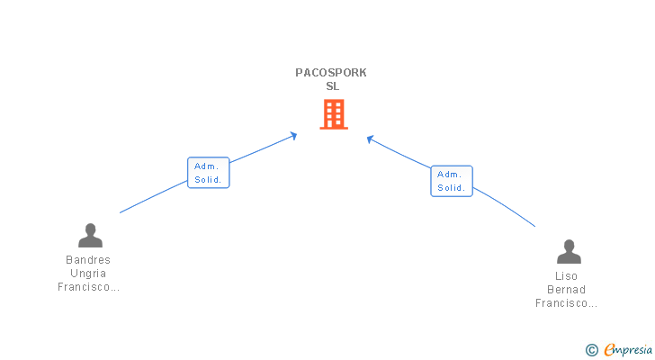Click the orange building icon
[334, 114]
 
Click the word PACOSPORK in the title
[331, 73]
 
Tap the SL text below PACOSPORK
[333, 86]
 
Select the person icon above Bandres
[90, 236]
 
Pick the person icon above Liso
[569, 251]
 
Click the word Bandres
[88, 260]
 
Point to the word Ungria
[88, 274]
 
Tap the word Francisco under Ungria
[88, 287]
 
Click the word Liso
[567, 276]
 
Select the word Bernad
[567, 290]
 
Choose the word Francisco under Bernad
[567, 303]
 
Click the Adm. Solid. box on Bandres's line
[209, 173]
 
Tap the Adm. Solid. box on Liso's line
[452, 181]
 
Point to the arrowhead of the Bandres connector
[294, 135]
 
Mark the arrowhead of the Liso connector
[370, 139]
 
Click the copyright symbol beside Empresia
[591, 350]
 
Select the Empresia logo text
[628, 350]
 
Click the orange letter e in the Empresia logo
[609, 350]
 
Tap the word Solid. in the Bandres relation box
[208, 180]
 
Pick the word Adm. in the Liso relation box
[450, 175]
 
